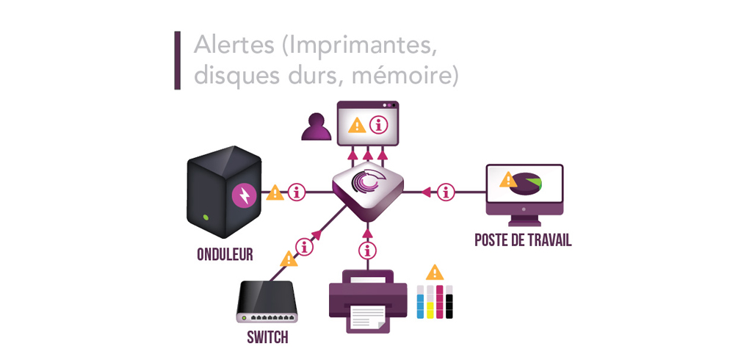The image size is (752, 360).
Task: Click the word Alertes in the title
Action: point(233,45)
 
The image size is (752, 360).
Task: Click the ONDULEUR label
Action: point(225,254)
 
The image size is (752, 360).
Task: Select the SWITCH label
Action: point(267,338)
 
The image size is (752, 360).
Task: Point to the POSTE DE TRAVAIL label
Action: point(523,240)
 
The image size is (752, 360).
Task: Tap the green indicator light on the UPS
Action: point(206,217)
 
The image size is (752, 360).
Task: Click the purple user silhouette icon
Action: point(317,128)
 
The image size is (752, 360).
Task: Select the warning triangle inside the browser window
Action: point(357,125)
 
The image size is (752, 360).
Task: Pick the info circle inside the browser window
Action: point(379,125)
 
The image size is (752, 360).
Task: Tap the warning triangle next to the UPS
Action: point(275,193)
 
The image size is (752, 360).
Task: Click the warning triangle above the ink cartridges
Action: point(435,272)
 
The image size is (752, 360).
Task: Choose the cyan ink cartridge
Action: point(421,302)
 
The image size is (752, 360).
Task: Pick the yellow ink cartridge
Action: point(430,302)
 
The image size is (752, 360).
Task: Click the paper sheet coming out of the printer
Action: point(367,317)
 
